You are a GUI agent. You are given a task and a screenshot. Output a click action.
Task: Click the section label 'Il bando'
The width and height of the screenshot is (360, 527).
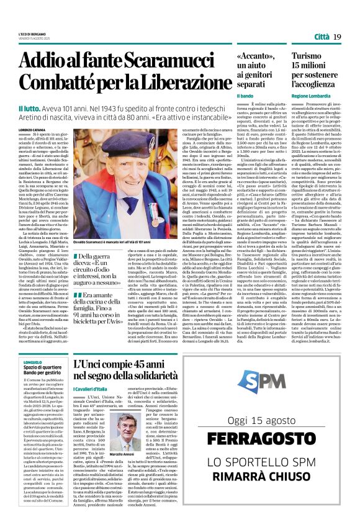245,96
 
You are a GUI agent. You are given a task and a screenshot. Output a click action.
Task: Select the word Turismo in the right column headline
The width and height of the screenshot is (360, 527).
308,56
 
